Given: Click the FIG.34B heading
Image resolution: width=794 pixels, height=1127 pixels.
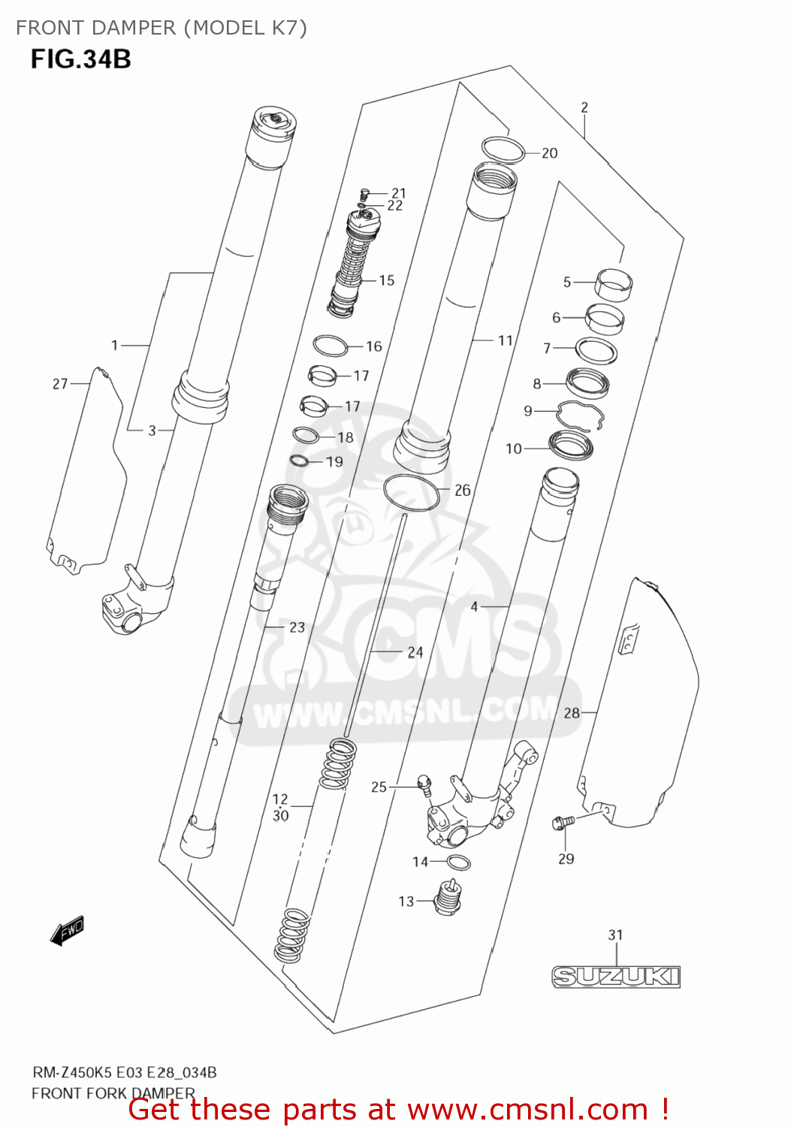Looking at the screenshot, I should (x=81, y=59).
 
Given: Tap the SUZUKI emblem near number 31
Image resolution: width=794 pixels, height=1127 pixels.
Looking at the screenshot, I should (x=616, y=976).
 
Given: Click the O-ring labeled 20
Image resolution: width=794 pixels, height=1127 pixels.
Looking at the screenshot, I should (x=503, y=150).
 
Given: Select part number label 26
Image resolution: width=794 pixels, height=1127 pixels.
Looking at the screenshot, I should (x=463, y=491).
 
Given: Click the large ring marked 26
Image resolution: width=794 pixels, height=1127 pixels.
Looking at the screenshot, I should (x=411, y=492).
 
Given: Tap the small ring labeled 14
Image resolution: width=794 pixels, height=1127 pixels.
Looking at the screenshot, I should (x=459, y=862).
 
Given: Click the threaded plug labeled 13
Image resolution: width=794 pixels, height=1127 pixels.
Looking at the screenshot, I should (x=448, y=898).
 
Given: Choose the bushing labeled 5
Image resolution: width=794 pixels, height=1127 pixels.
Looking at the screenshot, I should (x=614, y=285).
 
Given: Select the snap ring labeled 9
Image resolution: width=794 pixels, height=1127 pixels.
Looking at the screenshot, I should (x=581, y=415).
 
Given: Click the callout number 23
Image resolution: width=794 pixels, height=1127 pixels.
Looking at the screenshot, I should (x=297, y=627).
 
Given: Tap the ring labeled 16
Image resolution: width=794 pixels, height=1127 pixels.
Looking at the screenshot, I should (x=331, y=346).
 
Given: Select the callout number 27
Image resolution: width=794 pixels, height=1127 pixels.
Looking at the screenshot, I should (x=60, y=384).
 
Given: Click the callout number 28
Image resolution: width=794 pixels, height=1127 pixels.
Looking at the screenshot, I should (x=572, y=712).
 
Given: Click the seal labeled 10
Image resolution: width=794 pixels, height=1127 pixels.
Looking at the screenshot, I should (x=572, y=446).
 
